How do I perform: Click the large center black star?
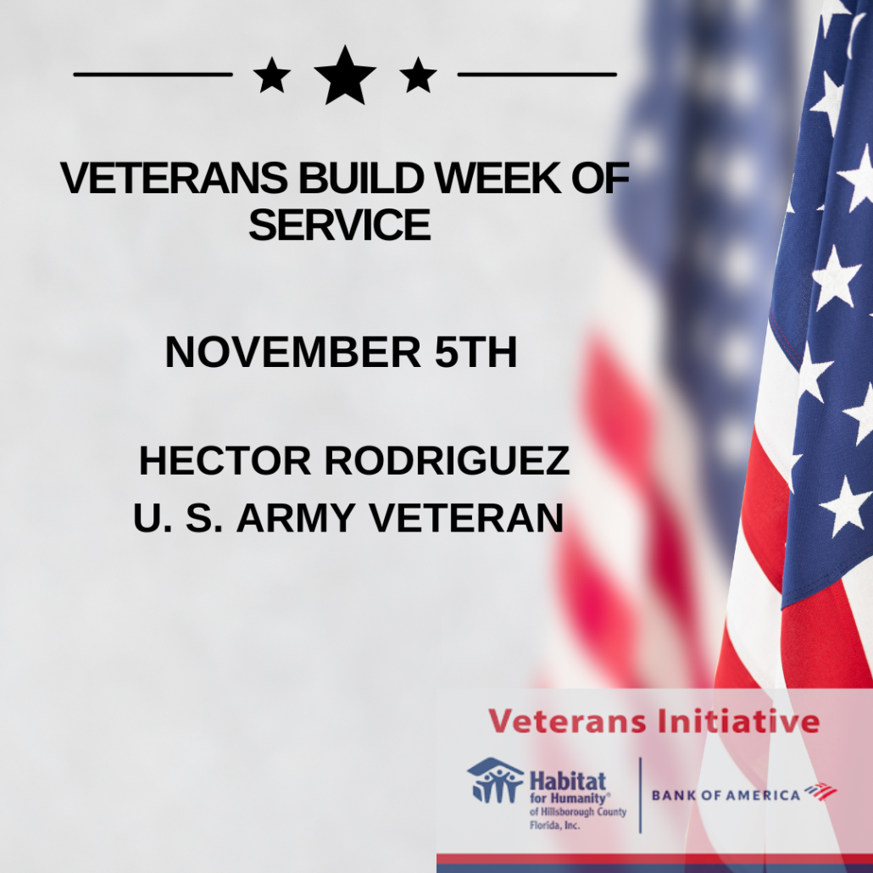[x=345, y=76]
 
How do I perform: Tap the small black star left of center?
[x=272, y=75]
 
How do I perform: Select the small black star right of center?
[x=418, y=75]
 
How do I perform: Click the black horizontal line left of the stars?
[x=153, y=74]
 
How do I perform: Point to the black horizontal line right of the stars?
[x=537, y=74]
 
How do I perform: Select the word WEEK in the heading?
[x=498, y=178]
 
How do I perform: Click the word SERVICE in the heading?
[x=340, y=225]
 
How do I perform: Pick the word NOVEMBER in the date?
[x=293, y=352]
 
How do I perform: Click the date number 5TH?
[x=476, y=352]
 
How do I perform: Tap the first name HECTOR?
[x=225, y=460]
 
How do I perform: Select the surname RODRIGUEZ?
[x=447, y=460]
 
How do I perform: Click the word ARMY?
[x=296, y=517]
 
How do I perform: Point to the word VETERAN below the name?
[x=466, y=517]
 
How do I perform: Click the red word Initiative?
[x=738, y=721]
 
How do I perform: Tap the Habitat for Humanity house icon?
[x=496, y=780]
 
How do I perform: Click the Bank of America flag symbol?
[x=820, y=791]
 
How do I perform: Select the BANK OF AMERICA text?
[x=726, y=795]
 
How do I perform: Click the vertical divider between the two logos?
[x=640, y=795]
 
